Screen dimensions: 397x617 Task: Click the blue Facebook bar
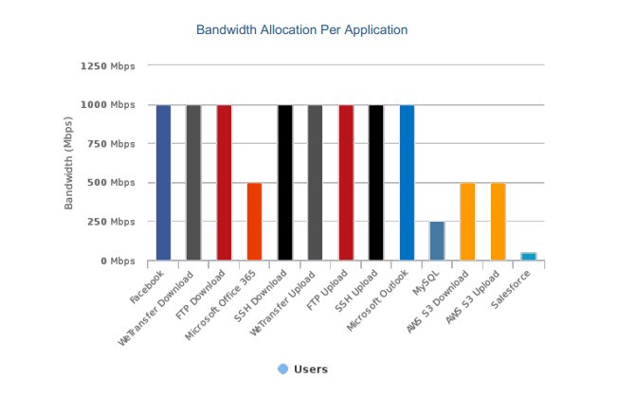163,182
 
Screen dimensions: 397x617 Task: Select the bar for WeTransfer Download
193,182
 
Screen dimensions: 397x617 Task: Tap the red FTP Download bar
224,182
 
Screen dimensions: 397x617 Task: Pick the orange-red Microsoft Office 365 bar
254,221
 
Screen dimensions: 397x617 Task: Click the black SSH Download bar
284,182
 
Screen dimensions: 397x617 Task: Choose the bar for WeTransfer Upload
315,182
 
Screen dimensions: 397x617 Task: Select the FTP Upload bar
346,182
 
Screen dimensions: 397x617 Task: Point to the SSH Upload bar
376,182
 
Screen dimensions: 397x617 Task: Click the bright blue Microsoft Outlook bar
407,182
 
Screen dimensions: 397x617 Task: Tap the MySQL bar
437,241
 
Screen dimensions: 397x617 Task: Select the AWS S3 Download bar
467,221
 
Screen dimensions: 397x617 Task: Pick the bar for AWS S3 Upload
498,221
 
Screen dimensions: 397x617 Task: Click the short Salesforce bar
528,256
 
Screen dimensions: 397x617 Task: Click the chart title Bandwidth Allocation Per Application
301,30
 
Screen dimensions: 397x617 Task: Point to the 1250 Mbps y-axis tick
107,66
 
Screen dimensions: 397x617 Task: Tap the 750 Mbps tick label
110,144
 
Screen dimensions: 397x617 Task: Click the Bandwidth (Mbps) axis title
69,164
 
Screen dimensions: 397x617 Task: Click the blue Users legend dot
282,369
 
